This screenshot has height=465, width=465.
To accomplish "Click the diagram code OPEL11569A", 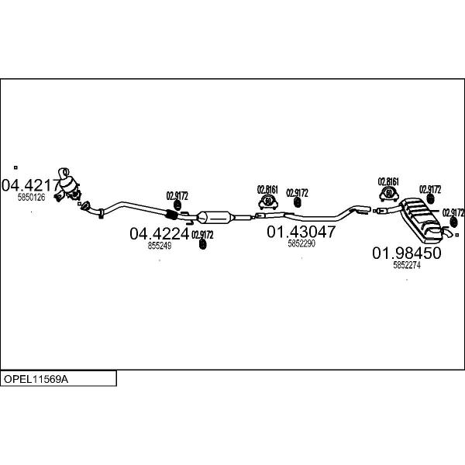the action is pyautogui.click(x=36, y=379).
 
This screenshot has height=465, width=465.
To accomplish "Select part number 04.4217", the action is pyautogui.click(x=31, y=185).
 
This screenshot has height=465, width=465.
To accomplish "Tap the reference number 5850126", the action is pyautogui.click(x=32, y=197).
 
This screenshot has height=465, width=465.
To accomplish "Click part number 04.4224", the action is pyautogui.click(x=159, y=234).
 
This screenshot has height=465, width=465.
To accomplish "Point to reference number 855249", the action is pyautogui.click(x=160, y=246).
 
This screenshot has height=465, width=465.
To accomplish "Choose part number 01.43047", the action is pyautogui.click(x=301, y=232).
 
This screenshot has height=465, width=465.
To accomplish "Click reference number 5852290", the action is pyautogui.click(x=301, y=243).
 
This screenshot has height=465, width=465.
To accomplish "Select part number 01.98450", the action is pyautogui.click(x=407, y=253).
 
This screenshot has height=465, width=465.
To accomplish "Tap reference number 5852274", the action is pyautogui.click(x=407, y=265).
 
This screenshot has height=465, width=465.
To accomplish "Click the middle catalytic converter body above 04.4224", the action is pyautogui.click(x=215, y=218).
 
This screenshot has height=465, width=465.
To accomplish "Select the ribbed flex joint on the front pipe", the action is pyautogui.click(x=170, y=215).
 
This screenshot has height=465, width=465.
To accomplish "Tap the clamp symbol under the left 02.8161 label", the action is pyautogui.click(x=268, y=201).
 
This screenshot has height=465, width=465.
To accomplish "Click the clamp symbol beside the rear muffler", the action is pyautogui.click(x=389, y=195).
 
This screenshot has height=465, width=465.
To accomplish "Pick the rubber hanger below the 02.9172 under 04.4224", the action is pyautogui.click(x=202, y=244).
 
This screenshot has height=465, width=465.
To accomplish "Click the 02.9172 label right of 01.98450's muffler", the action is pyautogui.click(x=453, y=212).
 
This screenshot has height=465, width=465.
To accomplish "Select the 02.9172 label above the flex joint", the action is pyautogui.click(x=177, y=196).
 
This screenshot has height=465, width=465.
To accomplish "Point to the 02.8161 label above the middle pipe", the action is pyautogui.click(x=267, y=190).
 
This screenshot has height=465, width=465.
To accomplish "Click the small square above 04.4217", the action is pyautogui.click(x=15, y=167).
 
